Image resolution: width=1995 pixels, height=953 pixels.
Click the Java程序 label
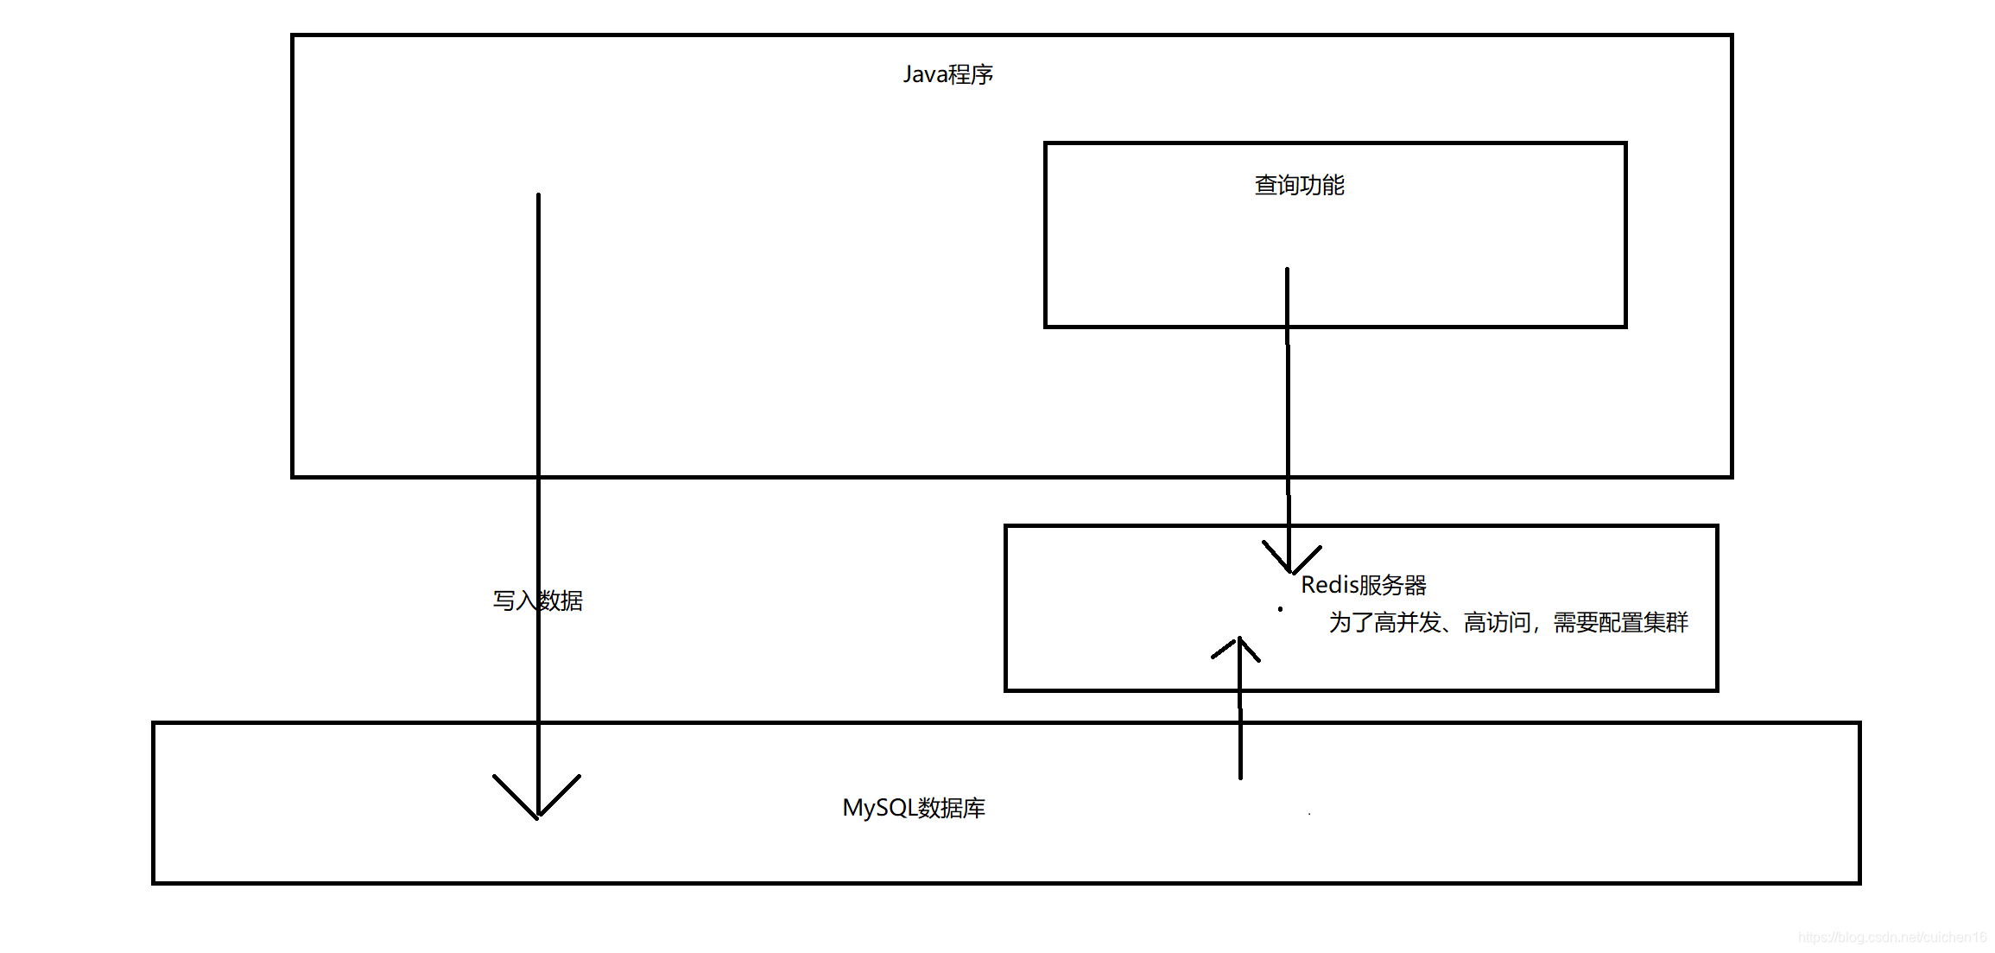click(947, 74)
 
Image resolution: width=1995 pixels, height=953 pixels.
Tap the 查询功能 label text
click(1299, 185)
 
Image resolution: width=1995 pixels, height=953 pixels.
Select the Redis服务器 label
click(1364, 585)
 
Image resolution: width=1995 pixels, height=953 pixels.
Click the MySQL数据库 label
click(914, 808)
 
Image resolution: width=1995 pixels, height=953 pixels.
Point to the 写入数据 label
click(537, 600)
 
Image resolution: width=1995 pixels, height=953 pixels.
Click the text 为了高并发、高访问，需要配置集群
click(1508, 622)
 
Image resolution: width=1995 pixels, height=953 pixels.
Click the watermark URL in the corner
click(1891, 937)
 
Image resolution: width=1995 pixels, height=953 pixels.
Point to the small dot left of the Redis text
click(1280, 609)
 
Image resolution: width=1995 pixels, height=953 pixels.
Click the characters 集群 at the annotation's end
click(1666, 622)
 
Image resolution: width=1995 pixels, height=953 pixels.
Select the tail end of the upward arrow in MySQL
click(1240, 775)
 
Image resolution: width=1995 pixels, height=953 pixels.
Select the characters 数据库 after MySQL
click(952, 808)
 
